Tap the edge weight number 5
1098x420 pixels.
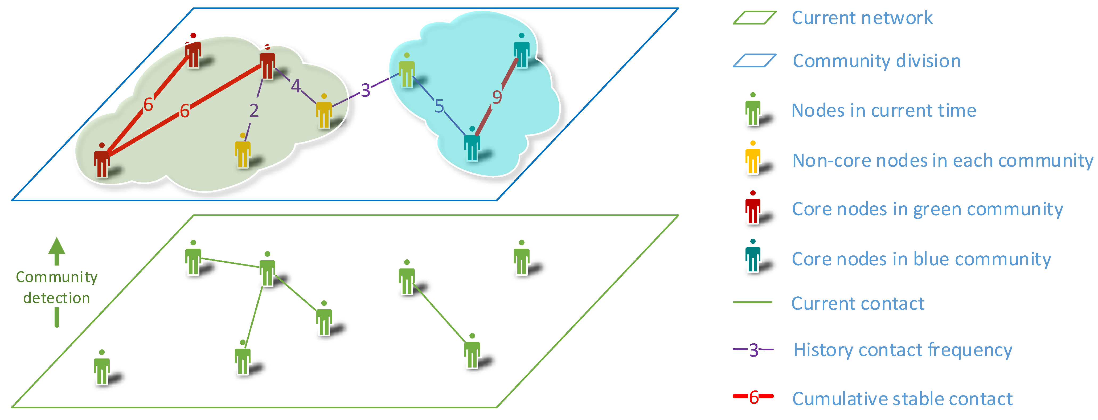[x=439, y=106]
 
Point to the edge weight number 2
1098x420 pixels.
[x=254, y=111]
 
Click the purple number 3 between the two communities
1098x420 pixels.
[x=365, y=90]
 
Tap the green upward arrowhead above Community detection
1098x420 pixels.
[x=57, y=247]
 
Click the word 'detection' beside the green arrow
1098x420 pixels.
[x=57, y=298]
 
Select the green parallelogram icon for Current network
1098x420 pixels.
[x=754, y=18]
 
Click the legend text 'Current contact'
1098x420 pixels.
[x=858, y=304]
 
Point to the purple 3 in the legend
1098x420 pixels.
[x=753, y=350]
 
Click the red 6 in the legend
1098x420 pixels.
[x=753, y=397]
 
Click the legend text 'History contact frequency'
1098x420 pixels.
[x=902, y=350]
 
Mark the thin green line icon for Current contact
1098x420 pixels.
[x=752, y=302]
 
